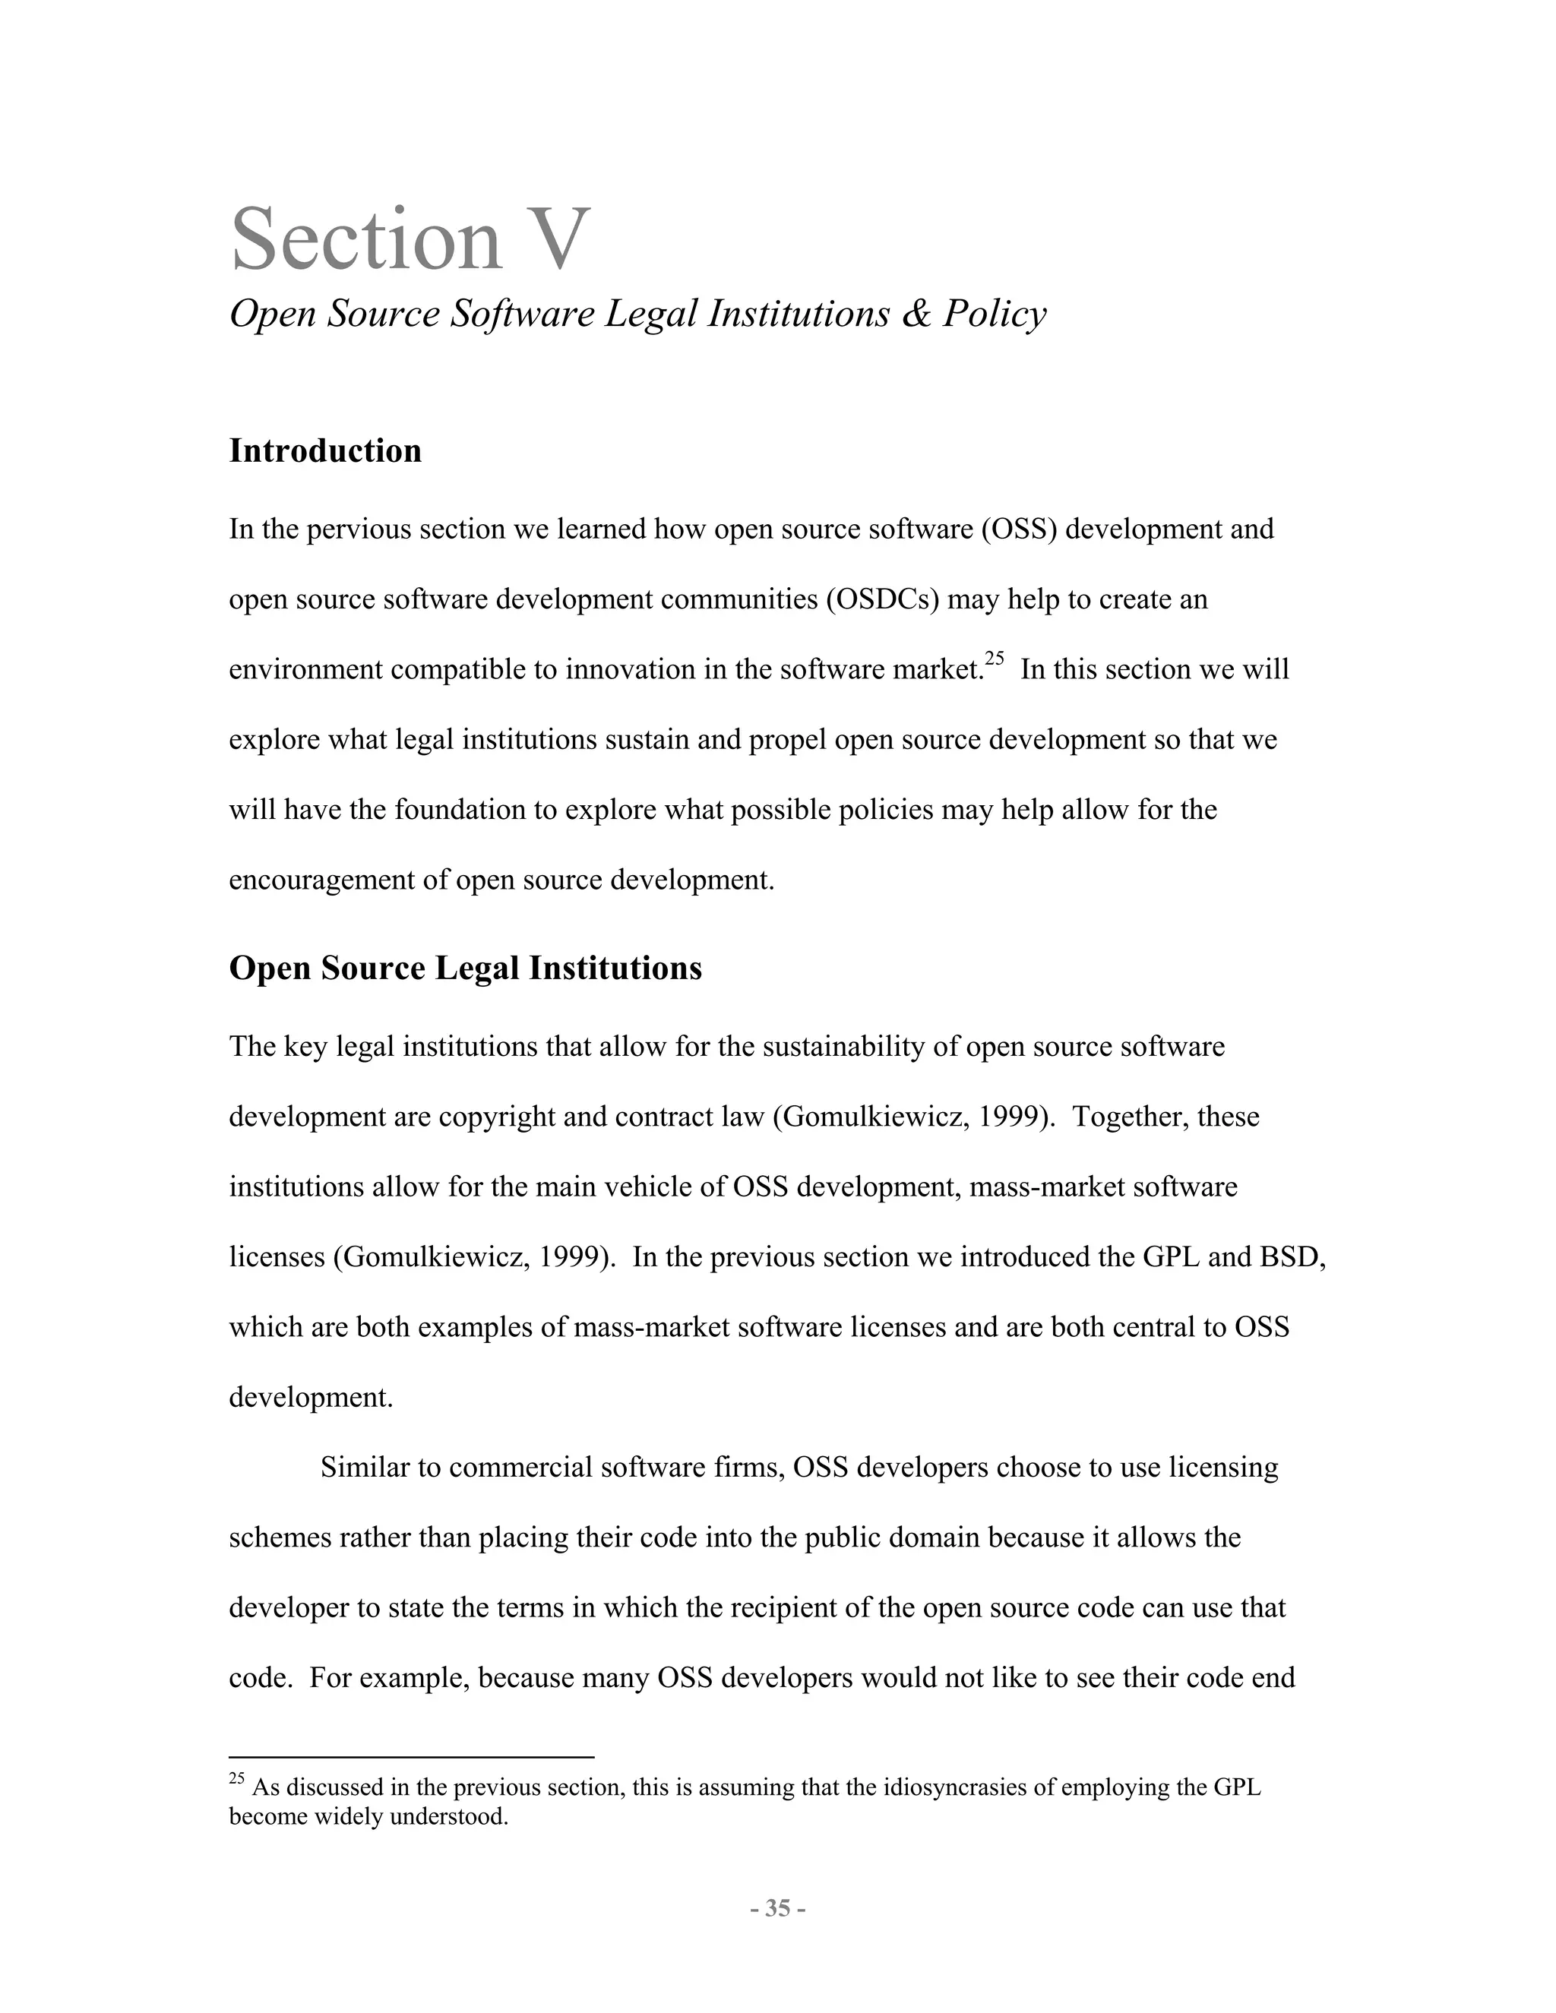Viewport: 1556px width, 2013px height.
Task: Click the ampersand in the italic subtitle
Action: (x=916, y=314)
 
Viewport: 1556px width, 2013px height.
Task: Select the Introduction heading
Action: (x=325, y=450)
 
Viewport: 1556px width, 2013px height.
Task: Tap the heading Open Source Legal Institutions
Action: (x=466, y=968)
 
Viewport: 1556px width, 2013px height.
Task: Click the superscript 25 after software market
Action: (x=994, y=658)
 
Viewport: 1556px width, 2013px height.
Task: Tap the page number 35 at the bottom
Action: (x=778, y=1908)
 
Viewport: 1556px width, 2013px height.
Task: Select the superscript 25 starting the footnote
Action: (x=237, y=1779)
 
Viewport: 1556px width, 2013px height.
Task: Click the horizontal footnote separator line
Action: (x=411, y=1757)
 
